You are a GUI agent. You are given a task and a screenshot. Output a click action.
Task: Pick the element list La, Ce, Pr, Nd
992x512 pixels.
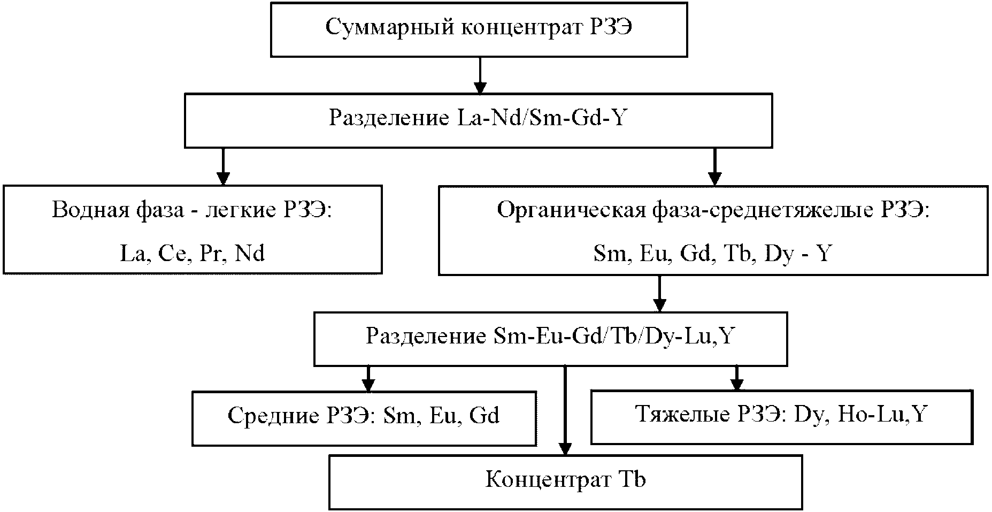point(193,253)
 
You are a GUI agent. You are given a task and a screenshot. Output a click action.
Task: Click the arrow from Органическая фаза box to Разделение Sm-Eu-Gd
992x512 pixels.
point(659,294)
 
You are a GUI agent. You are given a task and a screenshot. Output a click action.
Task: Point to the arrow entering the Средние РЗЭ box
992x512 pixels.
point(367,379)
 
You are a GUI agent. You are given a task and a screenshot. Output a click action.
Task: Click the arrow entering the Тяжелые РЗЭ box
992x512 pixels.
point(737,379)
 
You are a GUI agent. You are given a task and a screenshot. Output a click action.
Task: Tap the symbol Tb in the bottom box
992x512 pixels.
point(633,480)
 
